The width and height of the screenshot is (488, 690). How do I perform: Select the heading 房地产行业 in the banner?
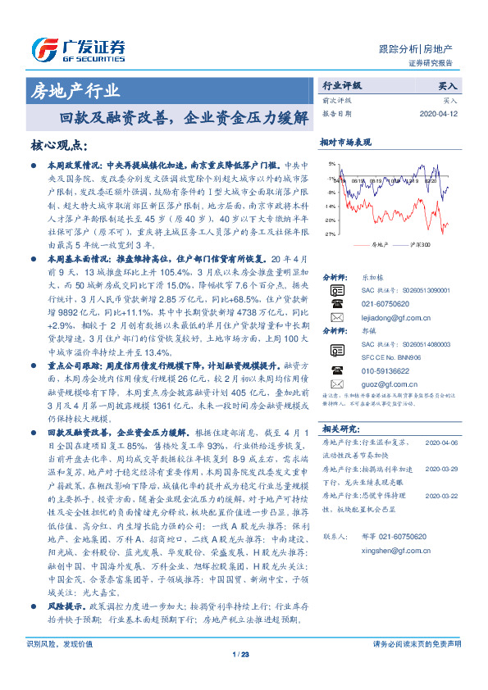(x=75, y=90)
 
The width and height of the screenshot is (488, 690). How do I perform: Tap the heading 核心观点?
(x=58, y=146)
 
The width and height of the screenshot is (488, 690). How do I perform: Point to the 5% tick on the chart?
(x=331, y=165)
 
